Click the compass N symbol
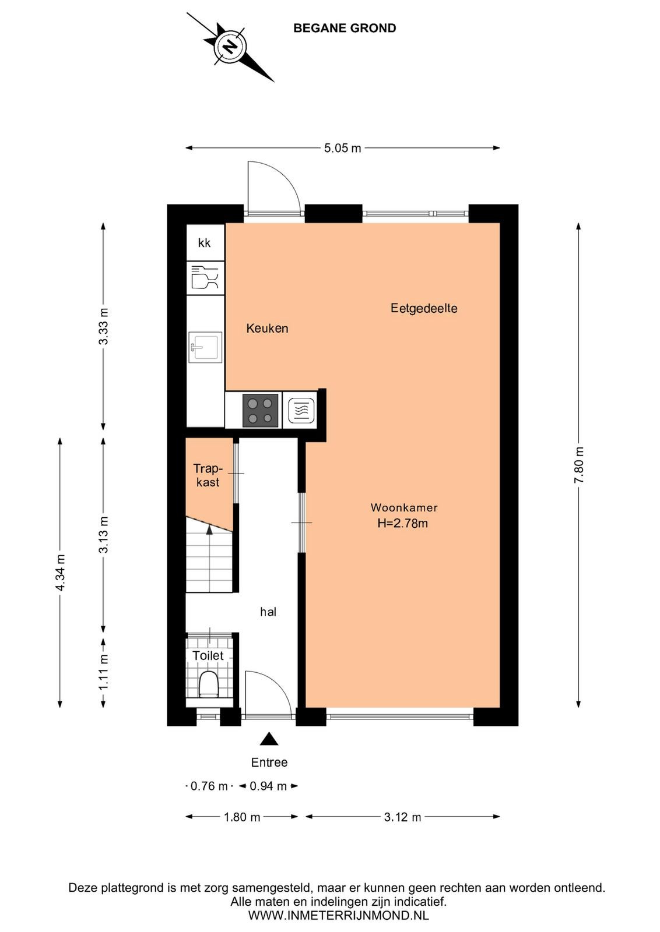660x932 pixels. (x=230, y=46)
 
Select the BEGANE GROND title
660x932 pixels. (x=345, y=28)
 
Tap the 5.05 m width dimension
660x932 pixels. (x=342, y=148)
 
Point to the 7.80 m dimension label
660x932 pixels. (x=578, y=464)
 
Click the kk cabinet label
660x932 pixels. (x=205, y=242)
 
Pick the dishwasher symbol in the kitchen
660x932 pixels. (x=205, y=277)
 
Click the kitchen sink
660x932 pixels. (x=205, y=347)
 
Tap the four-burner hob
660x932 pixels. (x=260, y=410)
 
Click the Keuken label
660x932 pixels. (x=267, y=329)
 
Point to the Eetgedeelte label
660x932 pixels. (x=423, y=308)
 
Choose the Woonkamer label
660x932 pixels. (x=404, y=507)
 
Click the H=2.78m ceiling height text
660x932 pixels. (x=403, y=523)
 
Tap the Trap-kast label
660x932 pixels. (x=208, y=475)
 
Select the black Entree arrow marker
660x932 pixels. (x=269, y=739)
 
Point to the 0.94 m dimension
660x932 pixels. (x=268, y=786)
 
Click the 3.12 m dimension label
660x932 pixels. (x=402, y=817)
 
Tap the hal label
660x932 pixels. (x=268, y=612)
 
